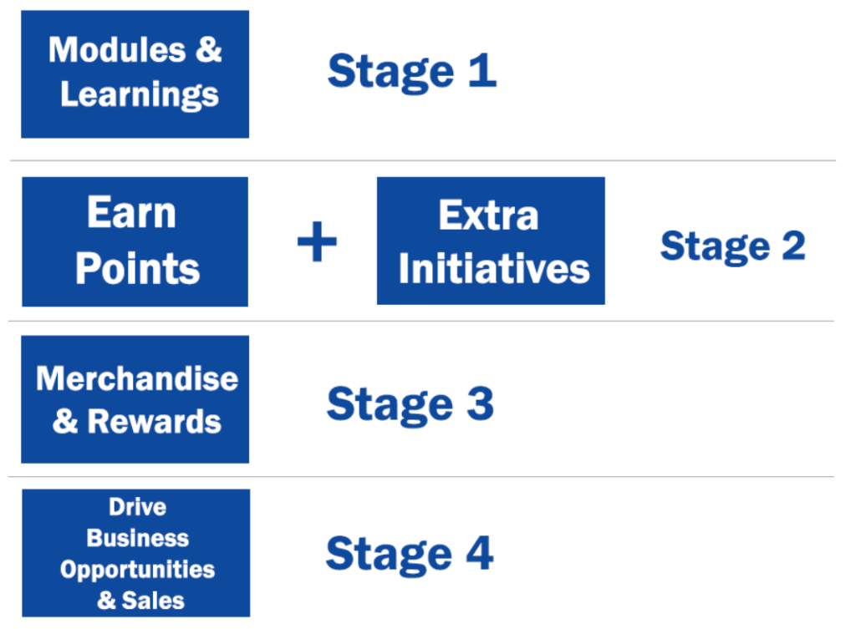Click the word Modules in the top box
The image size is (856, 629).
pos(117,49)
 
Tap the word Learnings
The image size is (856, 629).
pos(140,95)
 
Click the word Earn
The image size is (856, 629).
pos(131,212)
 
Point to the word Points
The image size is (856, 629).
pos(138,268)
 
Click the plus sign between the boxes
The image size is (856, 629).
pos(317,241)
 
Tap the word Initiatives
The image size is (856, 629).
pos(494,268)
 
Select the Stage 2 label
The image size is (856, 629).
pos(732,247)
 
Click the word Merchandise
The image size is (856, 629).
pos(137,378)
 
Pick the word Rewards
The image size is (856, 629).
pos(155,422)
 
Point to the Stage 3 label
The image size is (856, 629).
pos(410,405)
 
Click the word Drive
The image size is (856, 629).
pos(138,507)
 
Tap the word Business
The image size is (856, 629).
pos(138,538)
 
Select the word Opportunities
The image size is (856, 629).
pos(138,570)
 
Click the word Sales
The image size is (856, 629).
pos(153,601)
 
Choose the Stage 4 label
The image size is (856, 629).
pos(410,555)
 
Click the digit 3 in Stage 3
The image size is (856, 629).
pos(481,403)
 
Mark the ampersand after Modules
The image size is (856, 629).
pos(208,49)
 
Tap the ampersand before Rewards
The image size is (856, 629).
pos(65,422)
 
